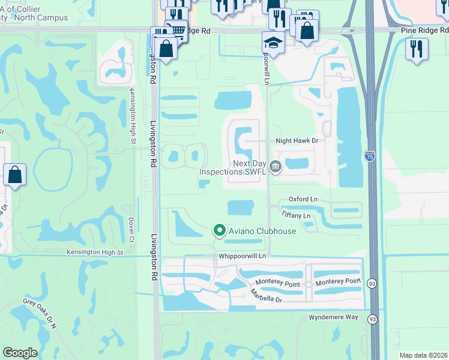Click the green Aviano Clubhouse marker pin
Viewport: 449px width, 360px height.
[x=220, y=230]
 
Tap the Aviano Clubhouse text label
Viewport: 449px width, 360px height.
[x=262, y=231]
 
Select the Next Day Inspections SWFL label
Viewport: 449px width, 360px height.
[x=235, y=167]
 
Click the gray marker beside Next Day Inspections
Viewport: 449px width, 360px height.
[x=276, y=167]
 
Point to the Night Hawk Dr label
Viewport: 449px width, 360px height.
[x=296, y=140]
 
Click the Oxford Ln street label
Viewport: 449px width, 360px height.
[x=303, y=199]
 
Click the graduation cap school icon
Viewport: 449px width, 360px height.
[x=273, y=43]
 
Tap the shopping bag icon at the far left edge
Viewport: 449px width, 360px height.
[x=14, y=175]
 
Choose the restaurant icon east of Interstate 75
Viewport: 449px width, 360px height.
[x=416, y=49]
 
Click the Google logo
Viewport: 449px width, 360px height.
[x=20, y=353]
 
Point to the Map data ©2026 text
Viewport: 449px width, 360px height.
[x=423, y=355]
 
